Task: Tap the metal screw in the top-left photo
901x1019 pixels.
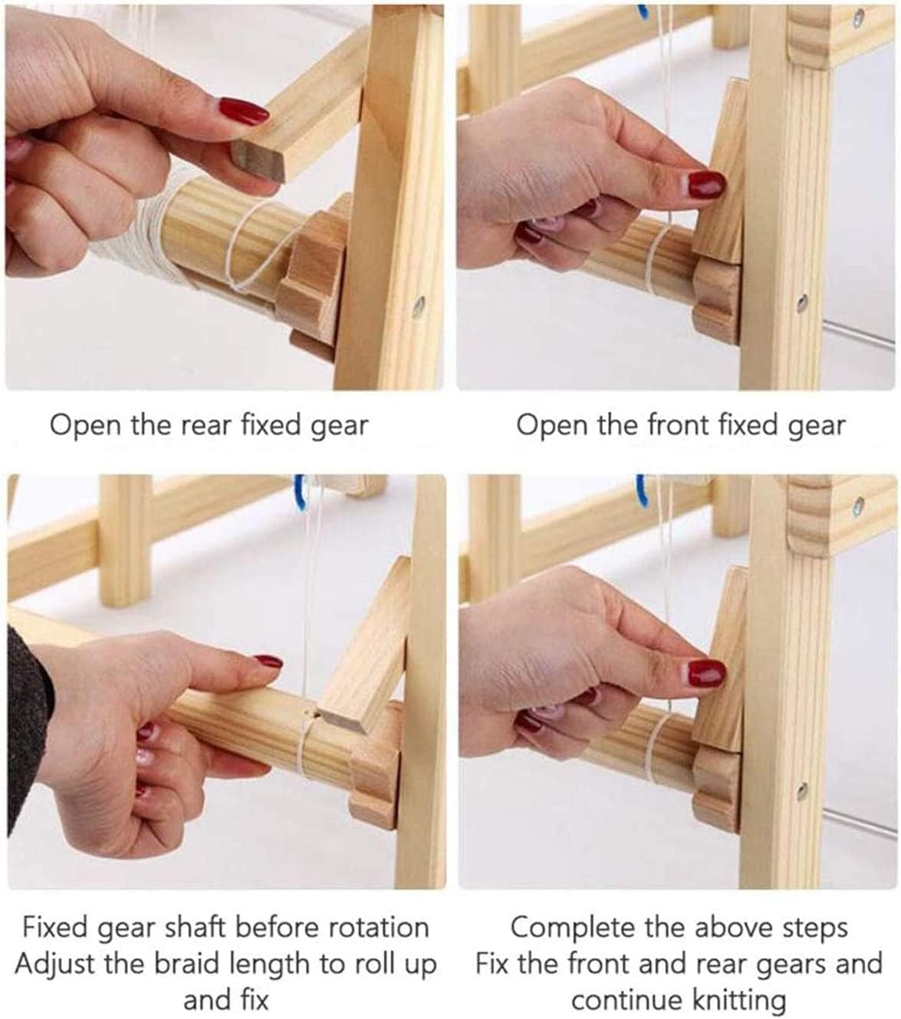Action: tap(419, 306)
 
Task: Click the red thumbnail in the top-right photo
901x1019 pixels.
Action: tap(706, 184)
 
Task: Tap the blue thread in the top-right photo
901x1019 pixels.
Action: tap(643, 12)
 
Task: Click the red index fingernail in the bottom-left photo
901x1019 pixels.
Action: tap(268, 661)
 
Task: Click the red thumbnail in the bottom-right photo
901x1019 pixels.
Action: tap(706, 674)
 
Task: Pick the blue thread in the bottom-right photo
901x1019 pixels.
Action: tap(641, 488)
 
